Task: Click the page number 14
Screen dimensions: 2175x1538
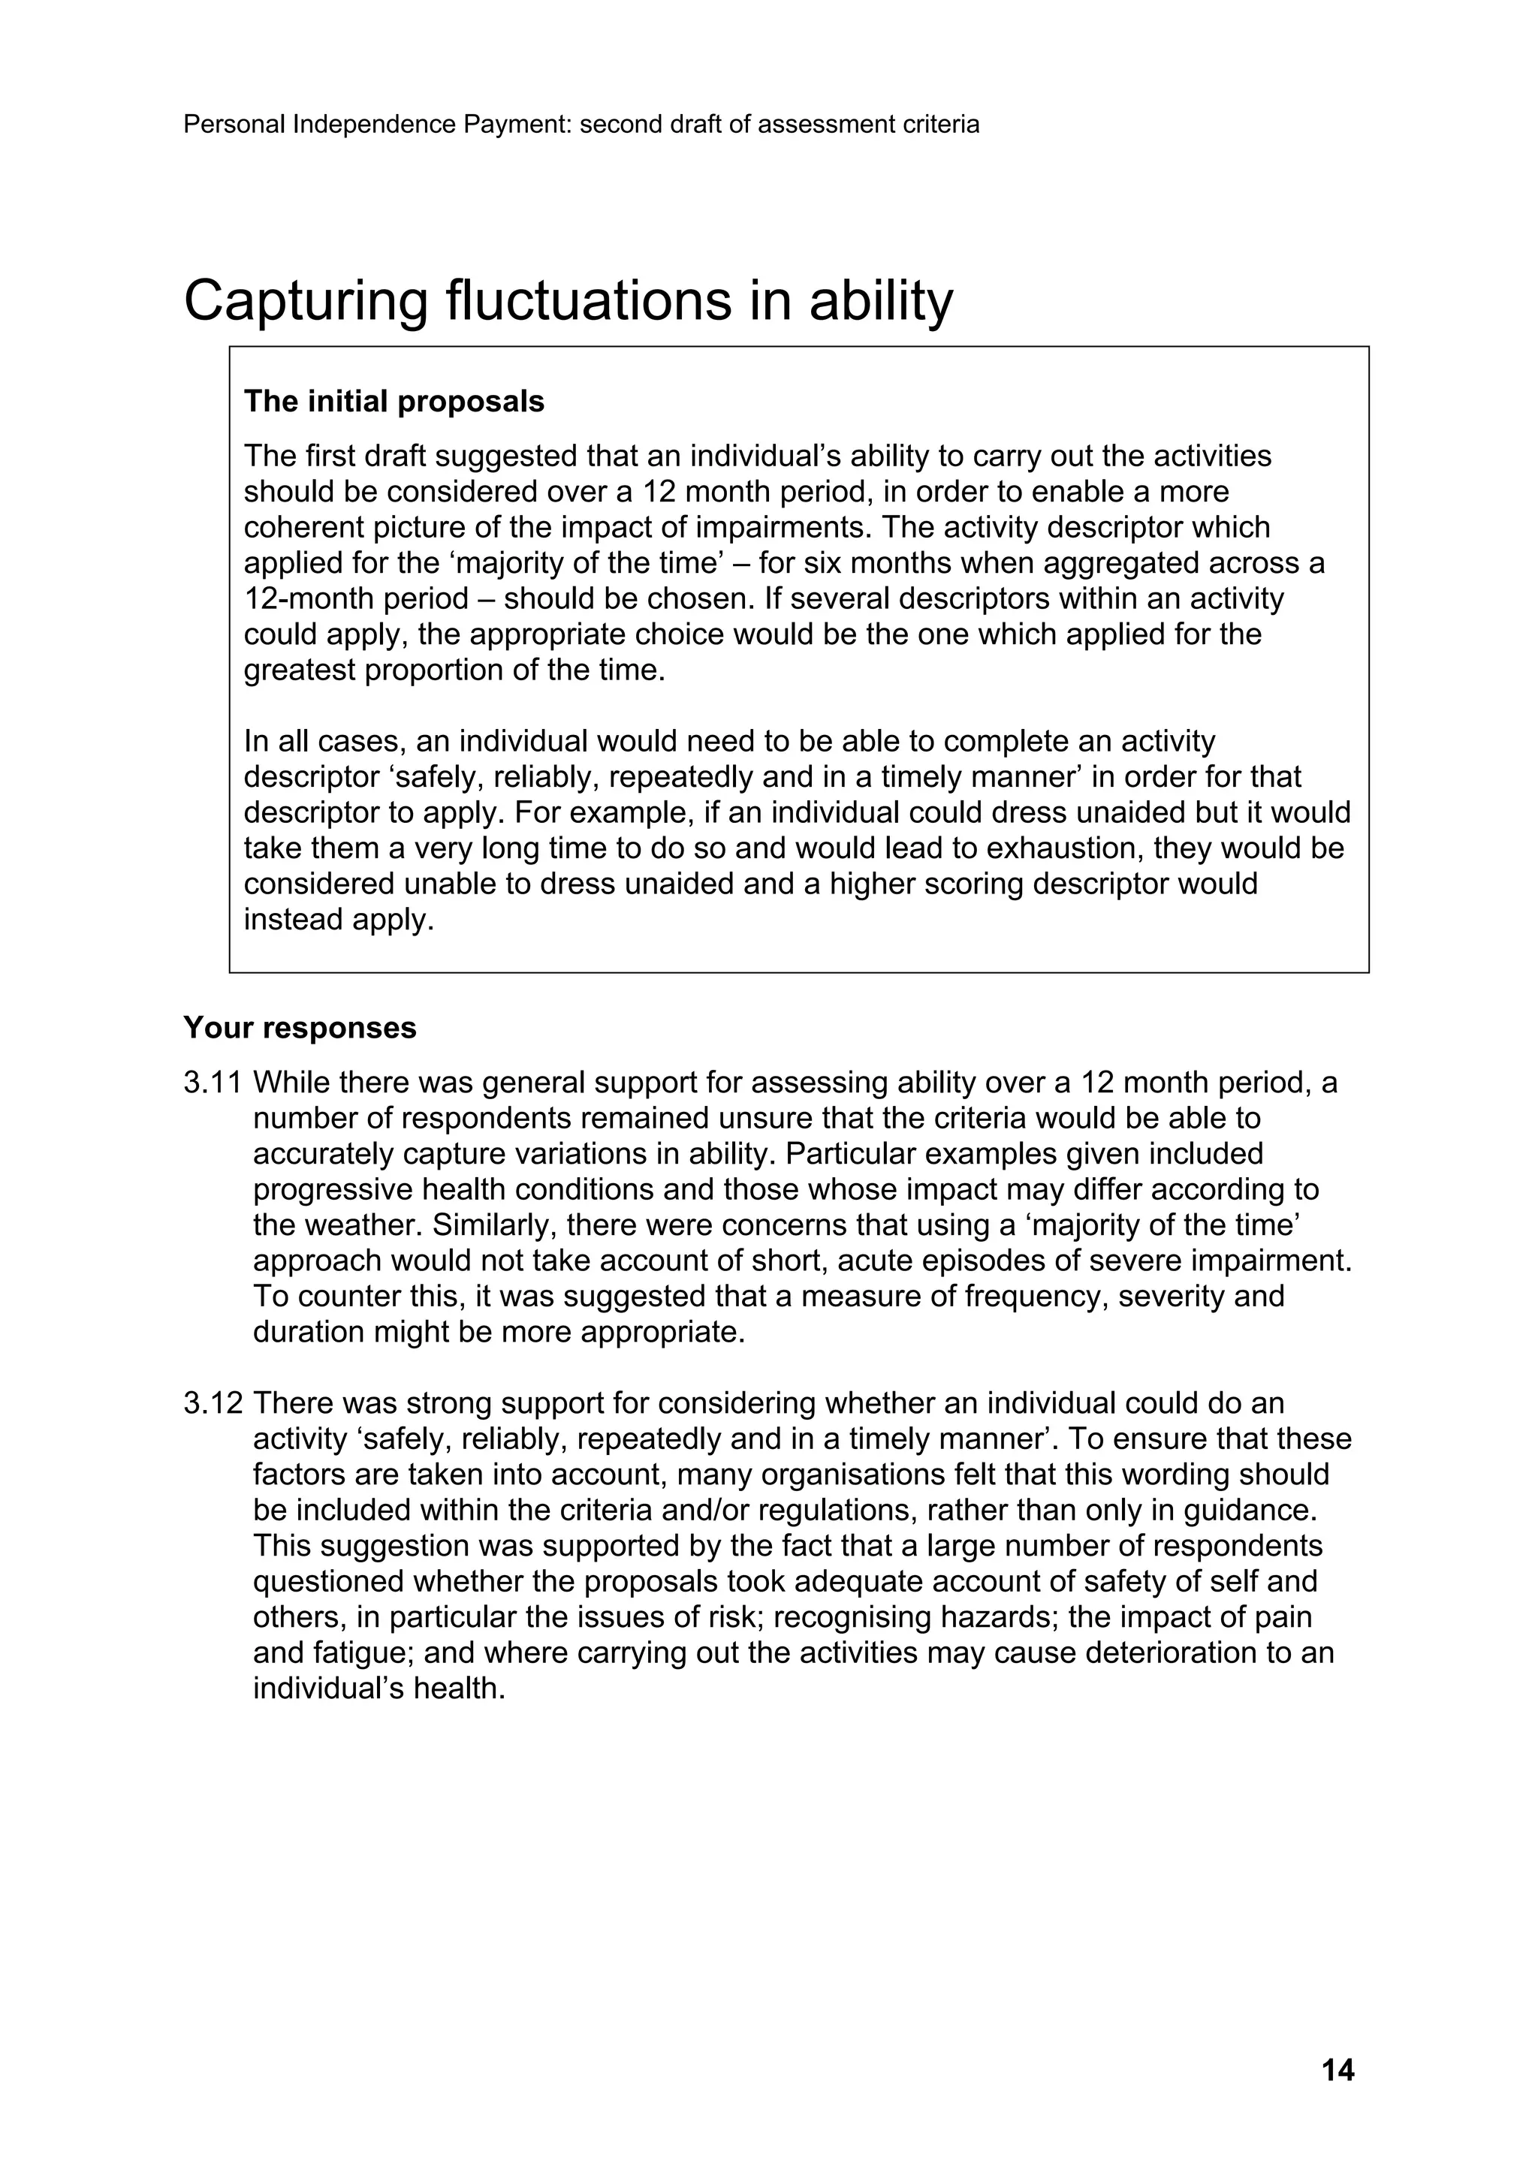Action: click(1337, 2071)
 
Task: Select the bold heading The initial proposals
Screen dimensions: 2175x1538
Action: click(394, 402)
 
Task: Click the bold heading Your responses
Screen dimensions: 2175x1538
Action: click(300, 1028)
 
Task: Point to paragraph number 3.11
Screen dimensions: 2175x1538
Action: click(213, 1083)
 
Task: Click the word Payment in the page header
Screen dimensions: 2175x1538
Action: click(517, 124)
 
